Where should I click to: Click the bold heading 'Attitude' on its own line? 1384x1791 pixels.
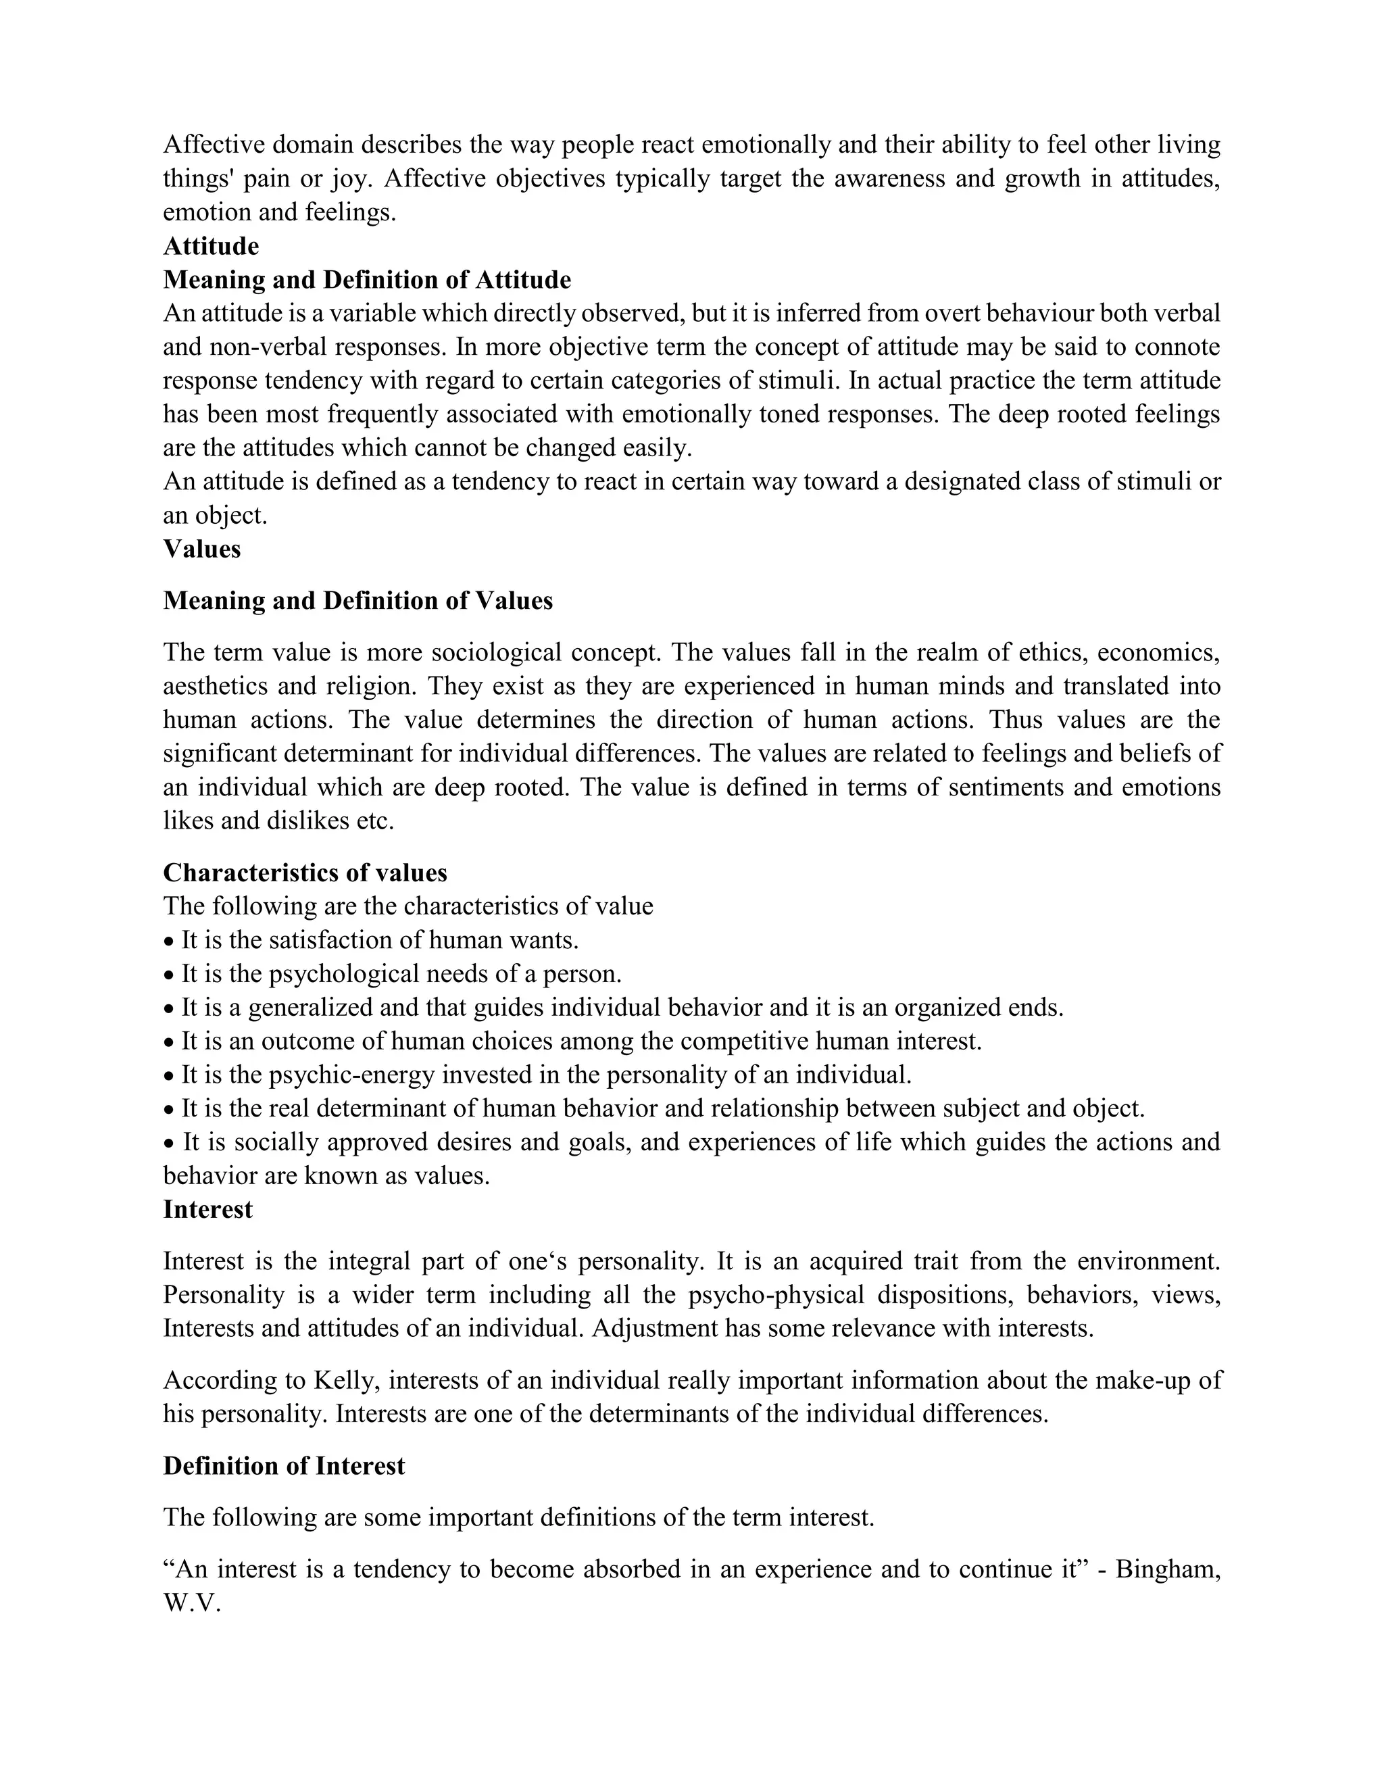point(211,246)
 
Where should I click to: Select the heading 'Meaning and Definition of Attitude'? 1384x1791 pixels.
point(366,280)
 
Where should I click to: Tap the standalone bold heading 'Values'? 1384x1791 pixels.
point(201,549)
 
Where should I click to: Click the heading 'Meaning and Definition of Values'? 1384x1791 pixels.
point(357,600)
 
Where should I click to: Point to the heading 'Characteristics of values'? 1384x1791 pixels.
point(305,872)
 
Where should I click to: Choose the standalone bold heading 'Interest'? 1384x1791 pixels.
point(207,1209)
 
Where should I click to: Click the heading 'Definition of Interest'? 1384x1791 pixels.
point(284,1465)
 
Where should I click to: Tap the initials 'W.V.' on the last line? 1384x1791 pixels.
point(193,1603)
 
